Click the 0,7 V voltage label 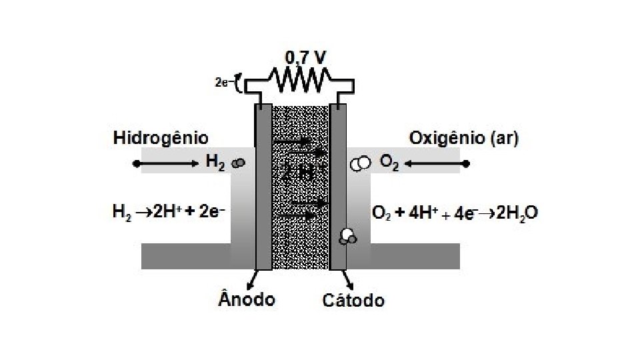tap(306, 58)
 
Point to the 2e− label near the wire tap(223, 83)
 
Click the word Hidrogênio tap(161, 139)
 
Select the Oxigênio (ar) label tap(464, 139)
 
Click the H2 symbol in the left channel tap(215, 163)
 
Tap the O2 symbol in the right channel tap(389, 163)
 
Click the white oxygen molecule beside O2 tap(361, 163)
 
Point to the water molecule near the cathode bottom tap(347, 236)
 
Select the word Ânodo tap(246, 299)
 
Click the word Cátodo tap(353, 300)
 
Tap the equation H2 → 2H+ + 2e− tap(168, 213)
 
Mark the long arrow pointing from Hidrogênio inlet tap(167, 163)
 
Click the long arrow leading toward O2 tap(437, 163)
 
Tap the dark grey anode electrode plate tap(263, 187)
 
